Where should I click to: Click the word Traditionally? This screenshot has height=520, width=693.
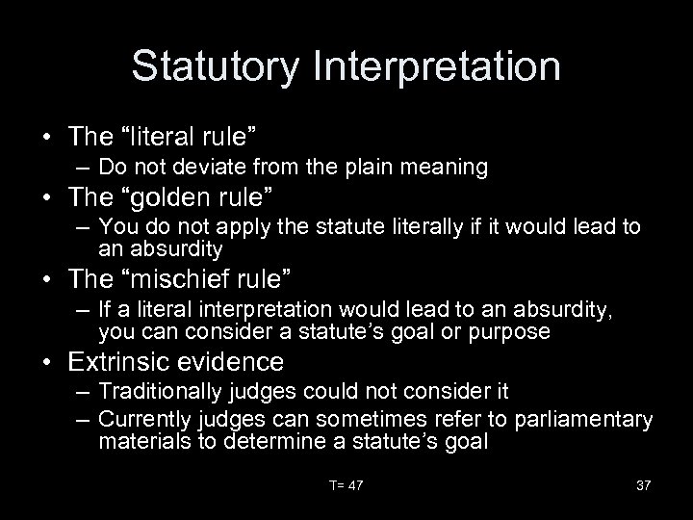point(158,393)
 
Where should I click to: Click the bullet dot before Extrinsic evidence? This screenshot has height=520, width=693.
point(47,362)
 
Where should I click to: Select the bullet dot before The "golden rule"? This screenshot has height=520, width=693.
point(47,199)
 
